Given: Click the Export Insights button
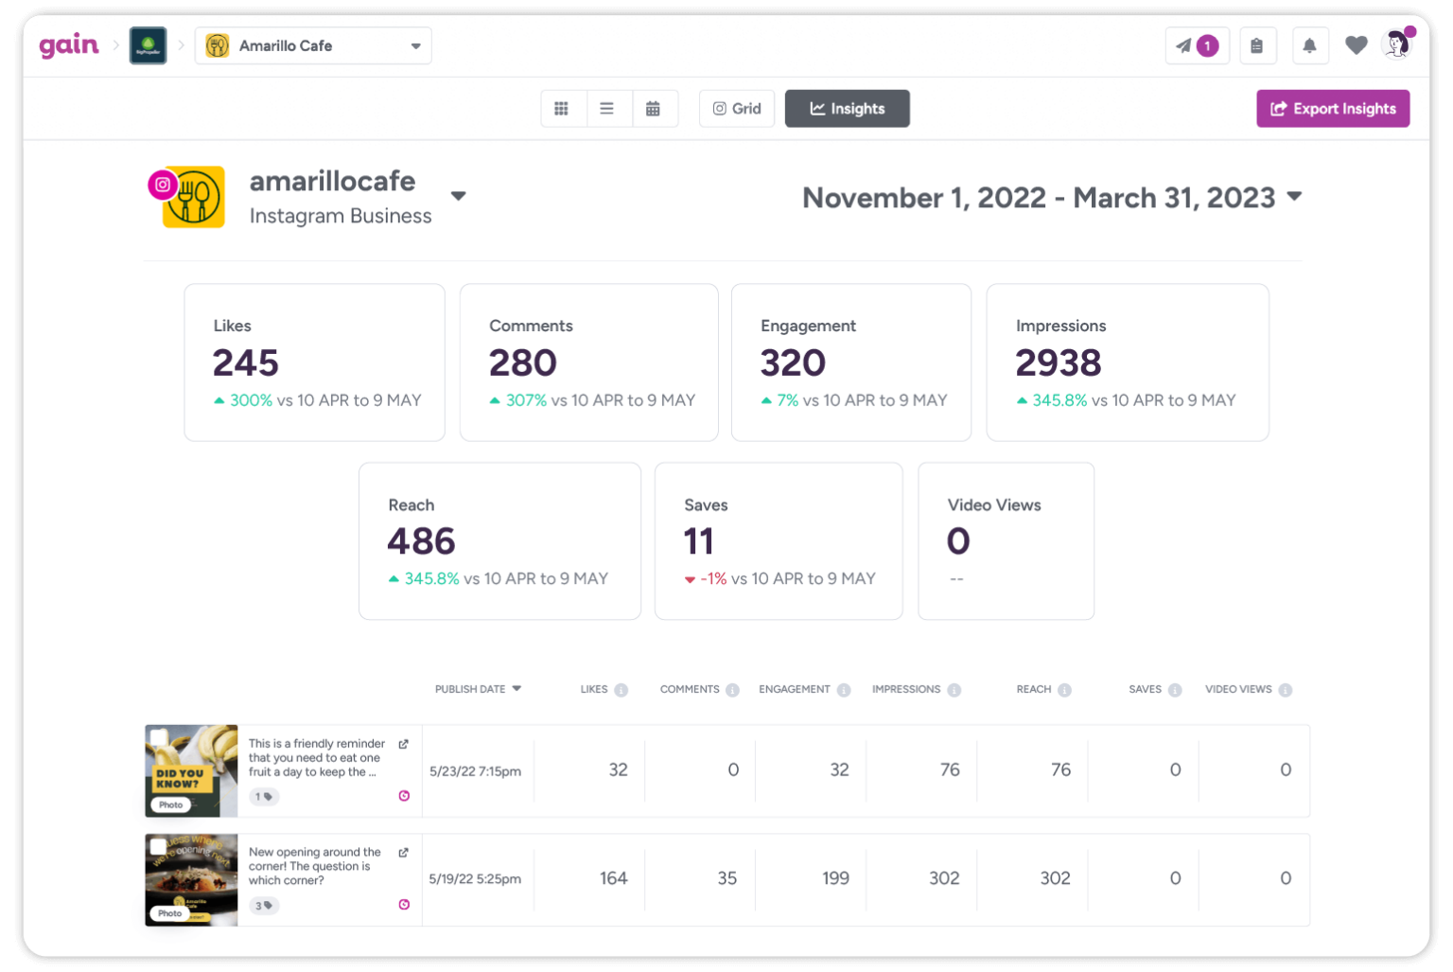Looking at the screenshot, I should tap(1332, 109).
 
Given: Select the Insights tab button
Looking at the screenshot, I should tap(847, 109).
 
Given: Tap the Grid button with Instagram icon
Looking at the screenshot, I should tap(736, 109).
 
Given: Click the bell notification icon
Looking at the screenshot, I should tap(1309, 45).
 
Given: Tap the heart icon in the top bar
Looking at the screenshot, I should tap(1356, 45).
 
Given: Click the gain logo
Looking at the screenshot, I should tap(68, 45).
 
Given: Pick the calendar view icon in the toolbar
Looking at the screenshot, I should tap(653, 109).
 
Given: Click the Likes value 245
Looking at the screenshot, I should tap(245, 362).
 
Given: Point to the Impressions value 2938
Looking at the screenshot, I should tap(1058, 362).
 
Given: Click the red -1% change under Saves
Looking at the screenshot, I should tap(712, 578).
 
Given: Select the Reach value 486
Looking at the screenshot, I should tap(421, 541).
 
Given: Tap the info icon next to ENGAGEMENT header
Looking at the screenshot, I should tap(844, 690).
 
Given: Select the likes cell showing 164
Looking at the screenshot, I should tap(613, 878).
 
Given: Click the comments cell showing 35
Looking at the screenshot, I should tap(726, 878).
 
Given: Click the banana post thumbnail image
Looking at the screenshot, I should tap(191, 770).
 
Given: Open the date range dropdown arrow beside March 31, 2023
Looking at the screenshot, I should tap(1294, 196).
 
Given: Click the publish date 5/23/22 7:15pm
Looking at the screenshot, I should tap(475, 771).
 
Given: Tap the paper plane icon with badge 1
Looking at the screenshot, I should tap(1196, 45).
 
